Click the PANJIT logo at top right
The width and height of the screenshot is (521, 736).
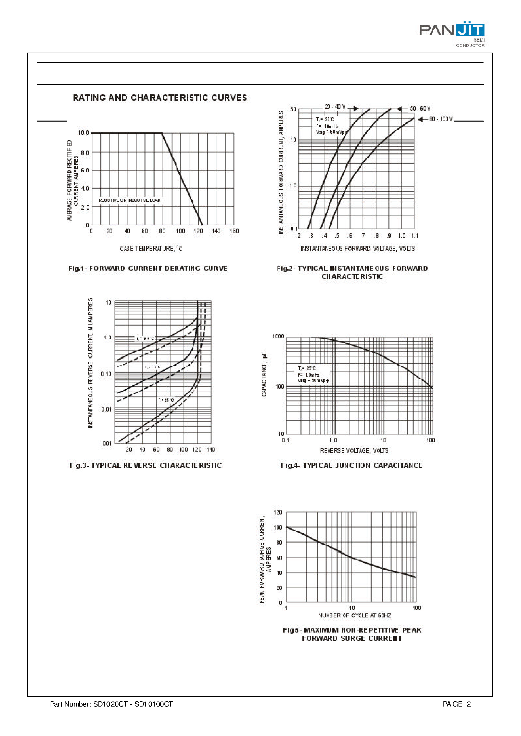451,31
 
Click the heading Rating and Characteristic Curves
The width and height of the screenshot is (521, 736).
160,98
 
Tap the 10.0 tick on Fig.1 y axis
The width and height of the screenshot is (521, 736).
83,133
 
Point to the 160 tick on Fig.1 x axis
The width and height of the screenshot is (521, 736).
234,231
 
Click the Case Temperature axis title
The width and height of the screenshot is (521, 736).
151,248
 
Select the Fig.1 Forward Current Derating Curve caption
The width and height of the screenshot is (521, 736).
148,268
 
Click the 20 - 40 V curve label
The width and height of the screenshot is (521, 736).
335,107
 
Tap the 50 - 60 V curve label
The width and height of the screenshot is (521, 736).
420,109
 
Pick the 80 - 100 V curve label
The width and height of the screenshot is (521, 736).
440,119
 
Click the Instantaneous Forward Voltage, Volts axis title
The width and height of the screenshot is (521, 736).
357,248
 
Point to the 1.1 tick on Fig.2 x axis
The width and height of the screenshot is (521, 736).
415,236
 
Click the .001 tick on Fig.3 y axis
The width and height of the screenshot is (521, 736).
106,444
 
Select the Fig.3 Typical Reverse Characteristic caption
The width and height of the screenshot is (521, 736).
146,466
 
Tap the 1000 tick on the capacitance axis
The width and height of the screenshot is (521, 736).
278,337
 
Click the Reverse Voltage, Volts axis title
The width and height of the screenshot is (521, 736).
354,451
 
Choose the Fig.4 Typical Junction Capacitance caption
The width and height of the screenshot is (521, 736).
352,466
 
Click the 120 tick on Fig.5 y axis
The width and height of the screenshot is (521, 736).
278,512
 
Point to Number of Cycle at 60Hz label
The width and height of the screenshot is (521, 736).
355,615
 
